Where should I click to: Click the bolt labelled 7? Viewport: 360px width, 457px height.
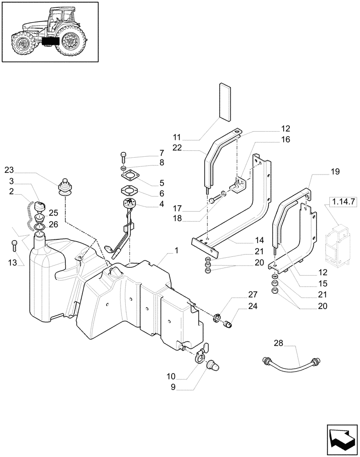pos(123,157)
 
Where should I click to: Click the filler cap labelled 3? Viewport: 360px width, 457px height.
pos(40,207)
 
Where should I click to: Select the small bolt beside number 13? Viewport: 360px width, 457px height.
pos(15,246)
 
